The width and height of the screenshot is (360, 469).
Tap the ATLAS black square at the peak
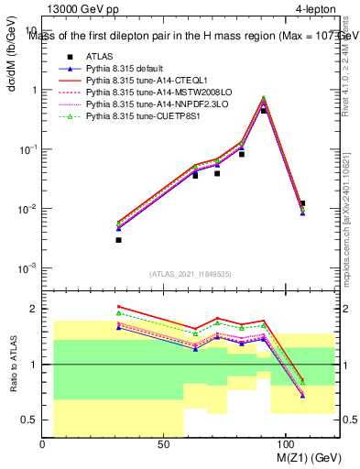264,111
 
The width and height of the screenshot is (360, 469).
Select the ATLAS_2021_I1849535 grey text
190,274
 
